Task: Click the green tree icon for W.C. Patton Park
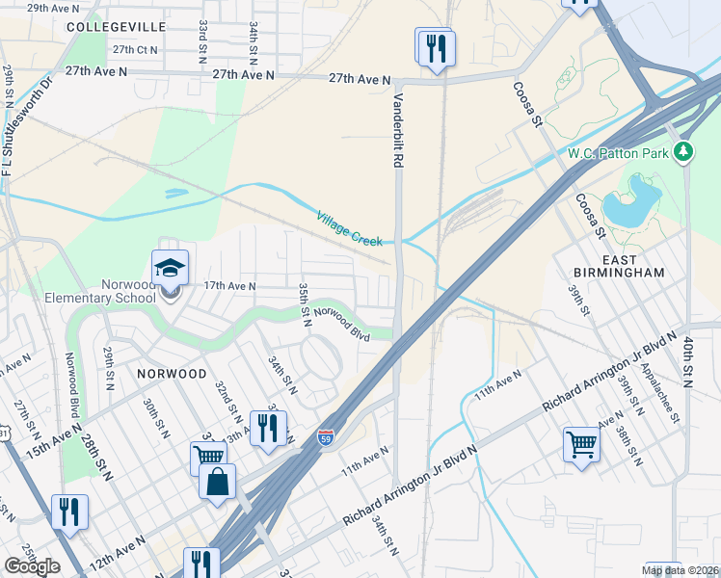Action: (683, 151)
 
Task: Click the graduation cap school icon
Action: (170, 268)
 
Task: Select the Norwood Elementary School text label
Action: (100, 291)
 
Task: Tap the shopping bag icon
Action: (217, 481)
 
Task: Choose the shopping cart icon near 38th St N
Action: (581, 444)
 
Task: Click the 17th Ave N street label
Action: (229, 286)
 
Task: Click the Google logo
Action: (32, 566)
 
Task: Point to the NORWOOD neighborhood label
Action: (171, 373)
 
